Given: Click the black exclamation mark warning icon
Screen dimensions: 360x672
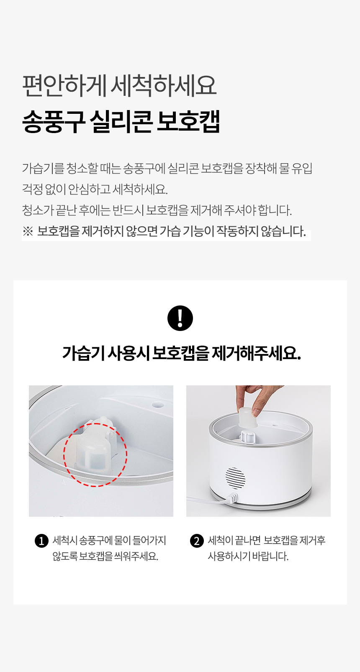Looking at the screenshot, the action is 180,318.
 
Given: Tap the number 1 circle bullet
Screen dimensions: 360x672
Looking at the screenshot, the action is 41,541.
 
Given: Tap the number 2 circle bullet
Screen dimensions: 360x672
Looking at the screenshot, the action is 197,541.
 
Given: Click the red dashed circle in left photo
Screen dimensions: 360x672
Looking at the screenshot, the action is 64,454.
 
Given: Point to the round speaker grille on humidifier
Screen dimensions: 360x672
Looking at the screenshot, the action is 235,478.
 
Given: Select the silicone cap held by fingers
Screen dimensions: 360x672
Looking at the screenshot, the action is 248,417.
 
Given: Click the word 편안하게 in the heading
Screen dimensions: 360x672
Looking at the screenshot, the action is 64,86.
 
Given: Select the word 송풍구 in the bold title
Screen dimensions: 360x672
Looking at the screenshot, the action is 54,121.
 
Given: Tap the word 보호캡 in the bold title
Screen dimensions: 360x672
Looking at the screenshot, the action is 188,121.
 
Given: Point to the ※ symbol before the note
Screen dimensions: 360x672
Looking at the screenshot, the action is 28,231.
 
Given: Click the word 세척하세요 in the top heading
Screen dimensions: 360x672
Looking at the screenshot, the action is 164,86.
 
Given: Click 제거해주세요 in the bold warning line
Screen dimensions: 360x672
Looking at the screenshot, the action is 256,353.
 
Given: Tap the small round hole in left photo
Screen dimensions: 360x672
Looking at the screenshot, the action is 157,405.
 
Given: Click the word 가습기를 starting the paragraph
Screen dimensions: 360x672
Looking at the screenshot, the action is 44,168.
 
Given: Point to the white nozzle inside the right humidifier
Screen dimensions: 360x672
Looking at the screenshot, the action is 248,436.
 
